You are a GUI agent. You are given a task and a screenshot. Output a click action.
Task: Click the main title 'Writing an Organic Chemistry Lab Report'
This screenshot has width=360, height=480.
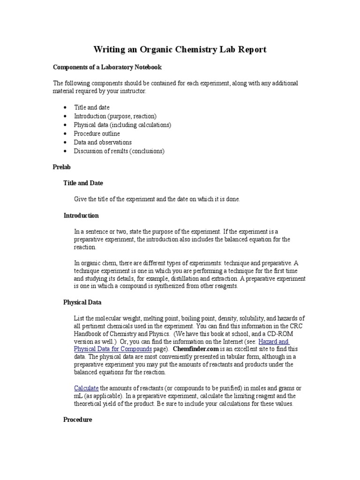click(180, 49)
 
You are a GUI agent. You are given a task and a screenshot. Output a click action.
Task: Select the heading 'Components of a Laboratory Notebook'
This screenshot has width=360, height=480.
click(107, 67)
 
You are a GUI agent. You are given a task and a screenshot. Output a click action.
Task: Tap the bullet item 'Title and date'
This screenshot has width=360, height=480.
click(91, 107)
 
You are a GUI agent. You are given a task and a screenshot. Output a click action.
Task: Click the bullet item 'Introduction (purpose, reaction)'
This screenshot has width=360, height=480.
click(115, 116)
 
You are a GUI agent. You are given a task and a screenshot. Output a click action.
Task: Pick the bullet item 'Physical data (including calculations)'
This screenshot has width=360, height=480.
click(122, 125)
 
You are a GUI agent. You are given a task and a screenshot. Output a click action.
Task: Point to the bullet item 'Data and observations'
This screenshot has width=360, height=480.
click(103, 142)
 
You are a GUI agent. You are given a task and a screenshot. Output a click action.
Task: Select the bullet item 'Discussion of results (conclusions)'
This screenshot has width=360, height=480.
click(119, 151)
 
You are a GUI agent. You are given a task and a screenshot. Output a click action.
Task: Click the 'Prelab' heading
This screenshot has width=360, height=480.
click(61, 167)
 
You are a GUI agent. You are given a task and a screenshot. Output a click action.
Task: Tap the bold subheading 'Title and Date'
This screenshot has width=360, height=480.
click(83, 183)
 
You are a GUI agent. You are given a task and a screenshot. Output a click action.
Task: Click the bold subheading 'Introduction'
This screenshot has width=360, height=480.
click(81, 216)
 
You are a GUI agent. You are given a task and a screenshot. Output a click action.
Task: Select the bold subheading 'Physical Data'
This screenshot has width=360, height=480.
click(82, 302)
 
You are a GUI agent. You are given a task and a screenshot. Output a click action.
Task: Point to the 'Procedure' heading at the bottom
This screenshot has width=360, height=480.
click(77, 420)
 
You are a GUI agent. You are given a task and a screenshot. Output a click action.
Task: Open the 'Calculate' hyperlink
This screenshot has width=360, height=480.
click(86, 388)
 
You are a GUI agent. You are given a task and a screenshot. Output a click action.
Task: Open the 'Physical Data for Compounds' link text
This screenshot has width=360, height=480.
click(112, 350)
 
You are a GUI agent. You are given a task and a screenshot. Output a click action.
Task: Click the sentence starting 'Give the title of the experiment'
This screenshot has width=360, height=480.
click(157, 199)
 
